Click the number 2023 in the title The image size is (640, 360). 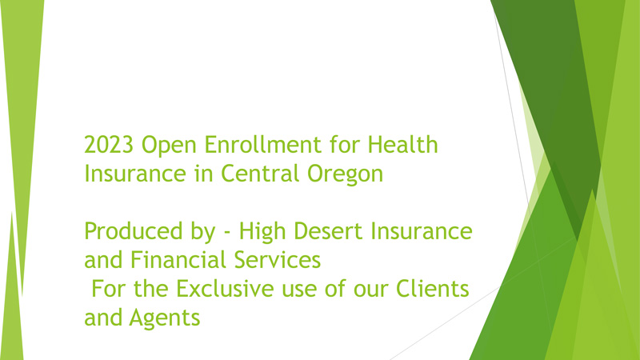pyautogui.click(x=109, y=145)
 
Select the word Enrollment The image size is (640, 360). pyautogui.click(x=263, y=145)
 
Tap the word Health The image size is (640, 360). pyautogui.click(x=403, y=145)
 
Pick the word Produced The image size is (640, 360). pyautogui.click(x=134, y=231)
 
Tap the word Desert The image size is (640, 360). pyautogui.click(x=328, y=231)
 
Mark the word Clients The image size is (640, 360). pyautogui.click(x=433, y=289)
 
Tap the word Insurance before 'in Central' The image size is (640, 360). pyautogui.click(x=135, y=174)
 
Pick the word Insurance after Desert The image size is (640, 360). pyautogui.click(x=422, y=231)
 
